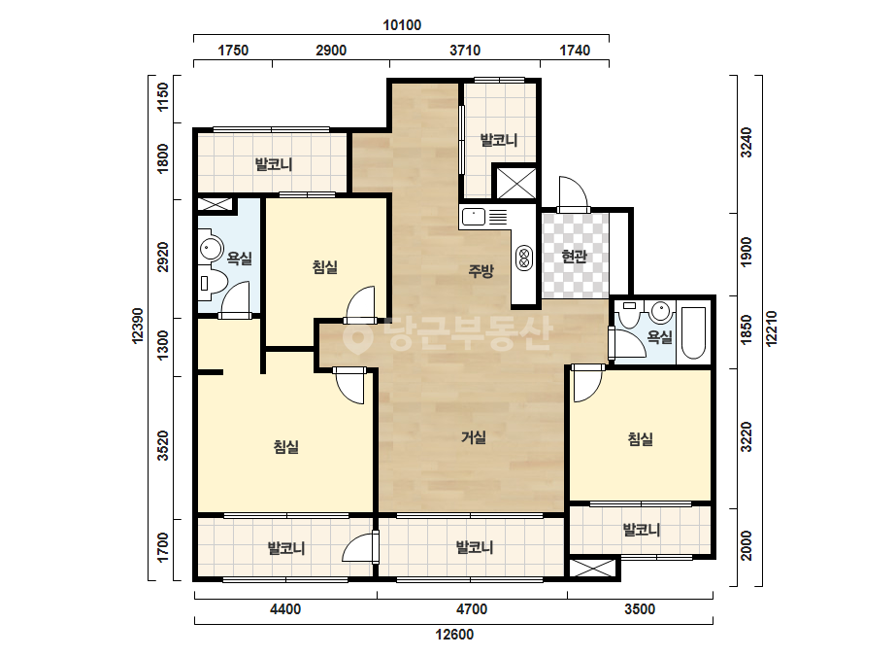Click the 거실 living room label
(x=474, y=437)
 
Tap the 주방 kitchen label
(x=481, y=271)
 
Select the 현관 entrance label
(x=574, y=256)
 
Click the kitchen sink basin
(x=474, y=217)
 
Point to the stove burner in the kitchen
(x=524, y=259)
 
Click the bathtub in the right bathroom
(x=694, y=332)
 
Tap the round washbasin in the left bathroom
(x=211, y=249)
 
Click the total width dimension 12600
(x=454, y=635)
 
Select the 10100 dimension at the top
(x=402, y=25)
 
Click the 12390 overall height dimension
(x=138, y=327)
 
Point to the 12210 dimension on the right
(x=772, y=328)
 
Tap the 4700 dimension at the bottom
(x=472, y=609)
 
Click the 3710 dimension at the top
(x=465, y=51)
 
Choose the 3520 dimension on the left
(x=163, y=446)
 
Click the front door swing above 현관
(x=573, y=194)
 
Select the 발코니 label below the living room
(x=475, y=548)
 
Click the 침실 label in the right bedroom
(x=640, y=439)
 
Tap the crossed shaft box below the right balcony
(x=593, y=568)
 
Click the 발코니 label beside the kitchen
(x=498, y=140)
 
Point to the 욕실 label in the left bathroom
(x=239, y=259)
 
